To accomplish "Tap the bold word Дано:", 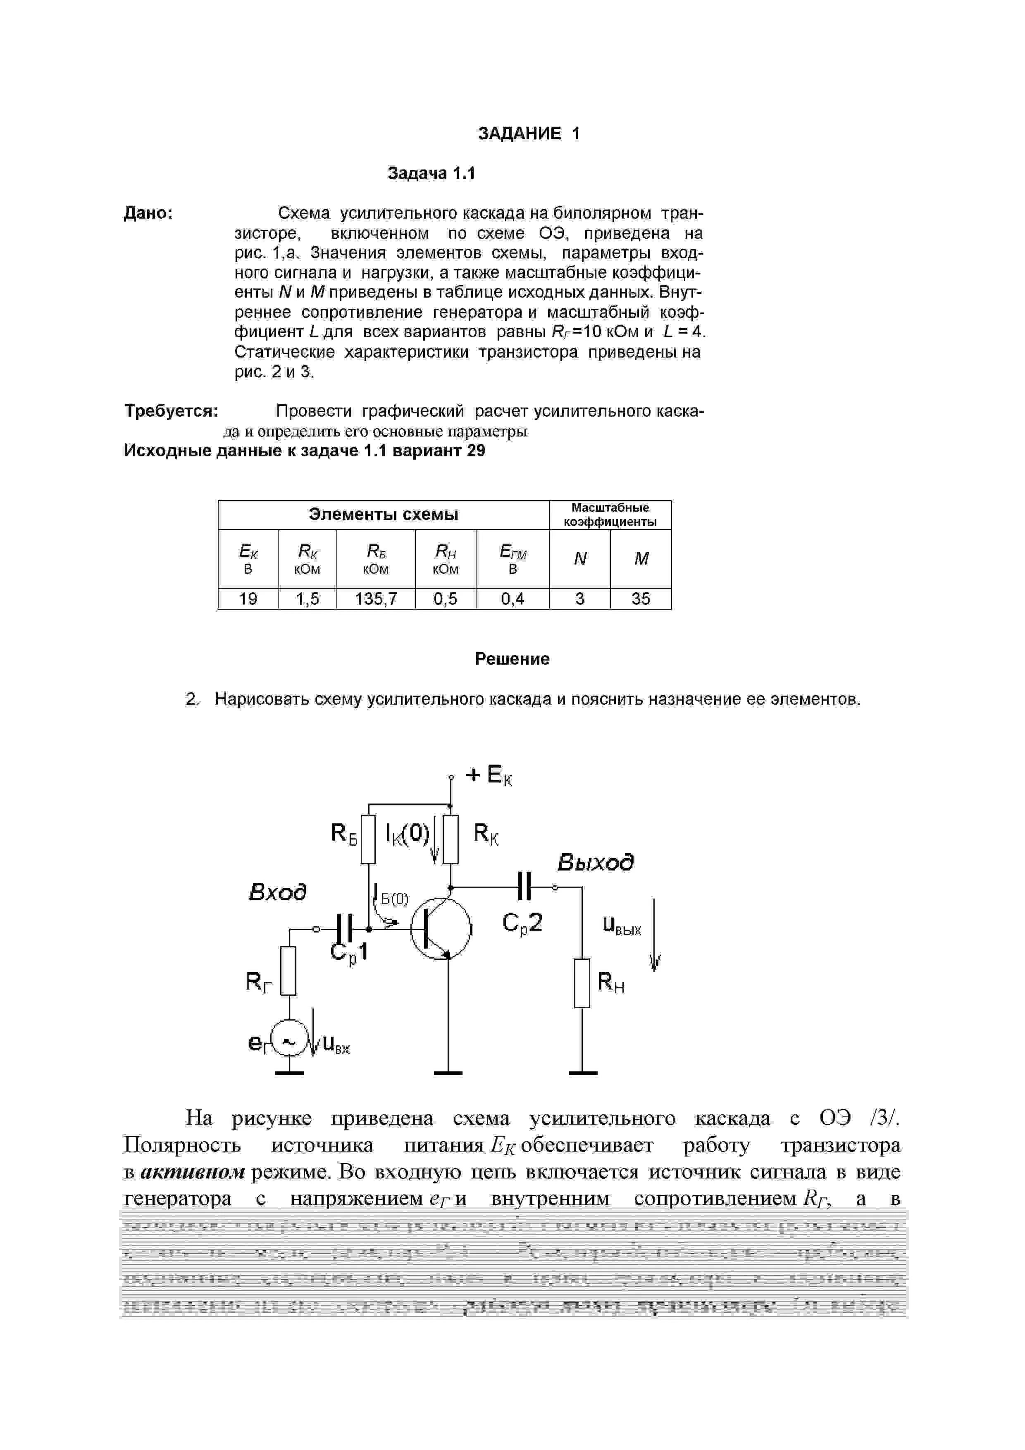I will click(x=148, y=213).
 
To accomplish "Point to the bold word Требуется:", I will click(x=171, y=411).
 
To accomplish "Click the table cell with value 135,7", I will click(x=376, y=599).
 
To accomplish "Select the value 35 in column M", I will click(x=640, y=599).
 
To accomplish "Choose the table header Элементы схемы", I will click(x=384, y=515).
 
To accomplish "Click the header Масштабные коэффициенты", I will click(x=610, y=515).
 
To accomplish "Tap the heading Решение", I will click(x=512, y=659).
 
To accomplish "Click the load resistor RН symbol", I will click(x=582, y=983).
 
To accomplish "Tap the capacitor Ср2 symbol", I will click(x=524, y=886).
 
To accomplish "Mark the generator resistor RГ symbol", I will click(x=288, y=971).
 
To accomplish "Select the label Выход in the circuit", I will click(x=595, y=863).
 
